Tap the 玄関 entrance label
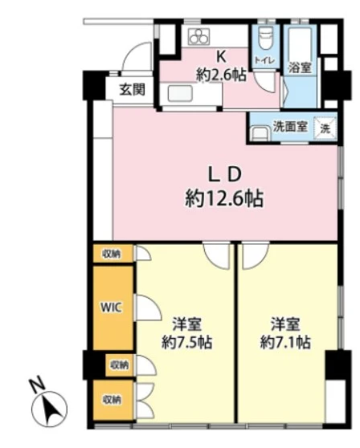[x=132, y=88]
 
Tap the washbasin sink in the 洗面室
[x=260, y=133]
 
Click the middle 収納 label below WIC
[x=118, y=365]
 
